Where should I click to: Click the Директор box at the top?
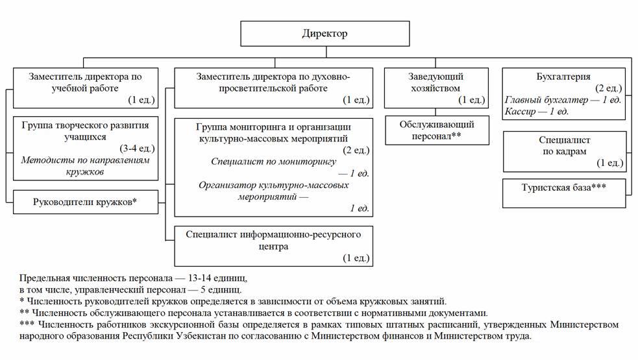[325, 34]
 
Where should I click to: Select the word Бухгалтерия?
[563, 77]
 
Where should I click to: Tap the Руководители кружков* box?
[85, 202]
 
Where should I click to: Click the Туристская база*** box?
[564, 187]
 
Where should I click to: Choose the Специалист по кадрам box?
[564, 151]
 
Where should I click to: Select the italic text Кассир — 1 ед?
[536, 112]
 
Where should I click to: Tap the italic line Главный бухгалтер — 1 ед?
[563, 100]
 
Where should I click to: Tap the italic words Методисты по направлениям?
[85, 160]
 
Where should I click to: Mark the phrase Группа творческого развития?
[85, 125]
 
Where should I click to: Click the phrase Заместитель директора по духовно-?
[273, 77]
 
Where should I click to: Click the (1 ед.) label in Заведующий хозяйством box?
[471, 100]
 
